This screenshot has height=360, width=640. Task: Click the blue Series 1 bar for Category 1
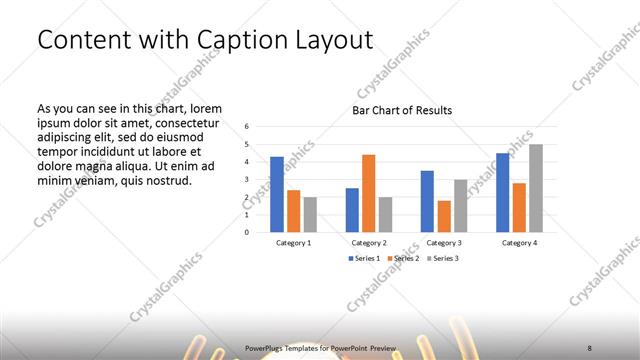277,194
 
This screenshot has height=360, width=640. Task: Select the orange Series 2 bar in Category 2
368,193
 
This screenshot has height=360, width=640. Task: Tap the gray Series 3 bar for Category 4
536,188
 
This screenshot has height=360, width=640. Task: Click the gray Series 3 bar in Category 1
310,214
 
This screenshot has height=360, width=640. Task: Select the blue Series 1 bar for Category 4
503,192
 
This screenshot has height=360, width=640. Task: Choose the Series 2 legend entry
402,259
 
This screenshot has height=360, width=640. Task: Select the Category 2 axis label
369,243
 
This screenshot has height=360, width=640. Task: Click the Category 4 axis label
519,243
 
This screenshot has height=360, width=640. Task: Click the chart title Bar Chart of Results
402,110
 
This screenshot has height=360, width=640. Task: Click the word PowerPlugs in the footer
264,347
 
